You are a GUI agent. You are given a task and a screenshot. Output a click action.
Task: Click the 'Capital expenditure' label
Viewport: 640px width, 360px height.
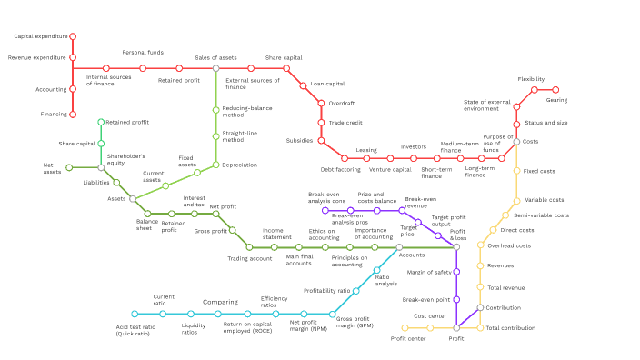click(40, 36)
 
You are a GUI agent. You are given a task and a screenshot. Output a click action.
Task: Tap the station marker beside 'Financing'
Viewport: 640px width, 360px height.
click(73, 114)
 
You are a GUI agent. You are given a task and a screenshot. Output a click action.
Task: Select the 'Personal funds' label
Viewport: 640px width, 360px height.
click(143, 53)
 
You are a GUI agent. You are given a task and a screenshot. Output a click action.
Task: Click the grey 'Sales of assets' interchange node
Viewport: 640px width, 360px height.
click(215, 68)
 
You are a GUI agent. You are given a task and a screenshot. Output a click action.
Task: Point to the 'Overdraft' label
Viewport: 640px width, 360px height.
click(342, 103)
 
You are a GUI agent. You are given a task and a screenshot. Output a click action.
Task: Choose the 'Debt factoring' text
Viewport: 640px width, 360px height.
click(340, 169)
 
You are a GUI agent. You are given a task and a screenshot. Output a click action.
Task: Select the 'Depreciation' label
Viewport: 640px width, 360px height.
click(239, 165)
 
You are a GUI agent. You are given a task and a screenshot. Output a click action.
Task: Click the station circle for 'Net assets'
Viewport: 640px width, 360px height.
click(69, 167)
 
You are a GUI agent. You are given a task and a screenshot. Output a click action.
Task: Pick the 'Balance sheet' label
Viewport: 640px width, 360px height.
click(148, 225)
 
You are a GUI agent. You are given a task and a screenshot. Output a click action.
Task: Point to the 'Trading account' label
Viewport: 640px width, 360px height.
click(249, 259)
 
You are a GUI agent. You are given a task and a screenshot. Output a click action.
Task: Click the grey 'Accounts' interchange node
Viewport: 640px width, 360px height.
click(398, 246)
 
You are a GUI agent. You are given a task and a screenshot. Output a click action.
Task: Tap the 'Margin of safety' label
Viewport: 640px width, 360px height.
click(429, 272)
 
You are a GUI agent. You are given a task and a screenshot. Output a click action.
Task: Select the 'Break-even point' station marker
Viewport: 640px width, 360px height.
click(456, 299)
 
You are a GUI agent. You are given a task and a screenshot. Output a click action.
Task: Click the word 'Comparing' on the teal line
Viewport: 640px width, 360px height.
click(220, 302)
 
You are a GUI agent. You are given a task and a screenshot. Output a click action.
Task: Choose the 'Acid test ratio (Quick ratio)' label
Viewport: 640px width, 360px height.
click(135, 329)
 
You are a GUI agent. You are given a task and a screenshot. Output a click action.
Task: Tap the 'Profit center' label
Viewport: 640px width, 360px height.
click(408, 339)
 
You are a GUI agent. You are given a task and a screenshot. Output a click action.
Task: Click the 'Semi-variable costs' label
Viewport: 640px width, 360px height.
click(541, 215)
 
